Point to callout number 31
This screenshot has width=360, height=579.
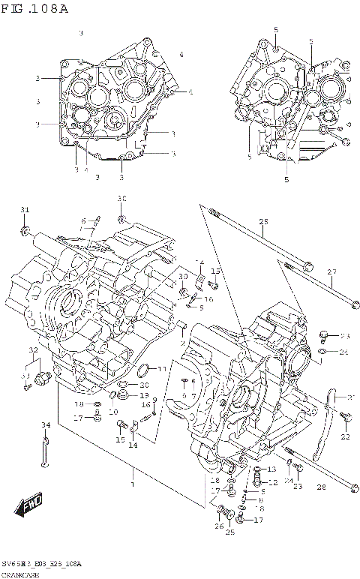(x=24, y=209)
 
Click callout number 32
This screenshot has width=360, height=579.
(x=33, y=350)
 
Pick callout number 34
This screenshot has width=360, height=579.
(x=46, y=425)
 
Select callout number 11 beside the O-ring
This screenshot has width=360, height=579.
(x=162, y=369)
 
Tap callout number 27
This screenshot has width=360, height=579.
(x=331, y=271)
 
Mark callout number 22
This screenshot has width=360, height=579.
(x=346, y=436)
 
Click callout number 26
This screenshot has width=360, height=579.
(x=219, y=526)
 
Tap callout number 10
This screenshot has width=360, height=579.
(x=112, y=412)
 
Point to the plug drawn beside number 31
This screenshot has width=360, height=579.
(x=25, y=227)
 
